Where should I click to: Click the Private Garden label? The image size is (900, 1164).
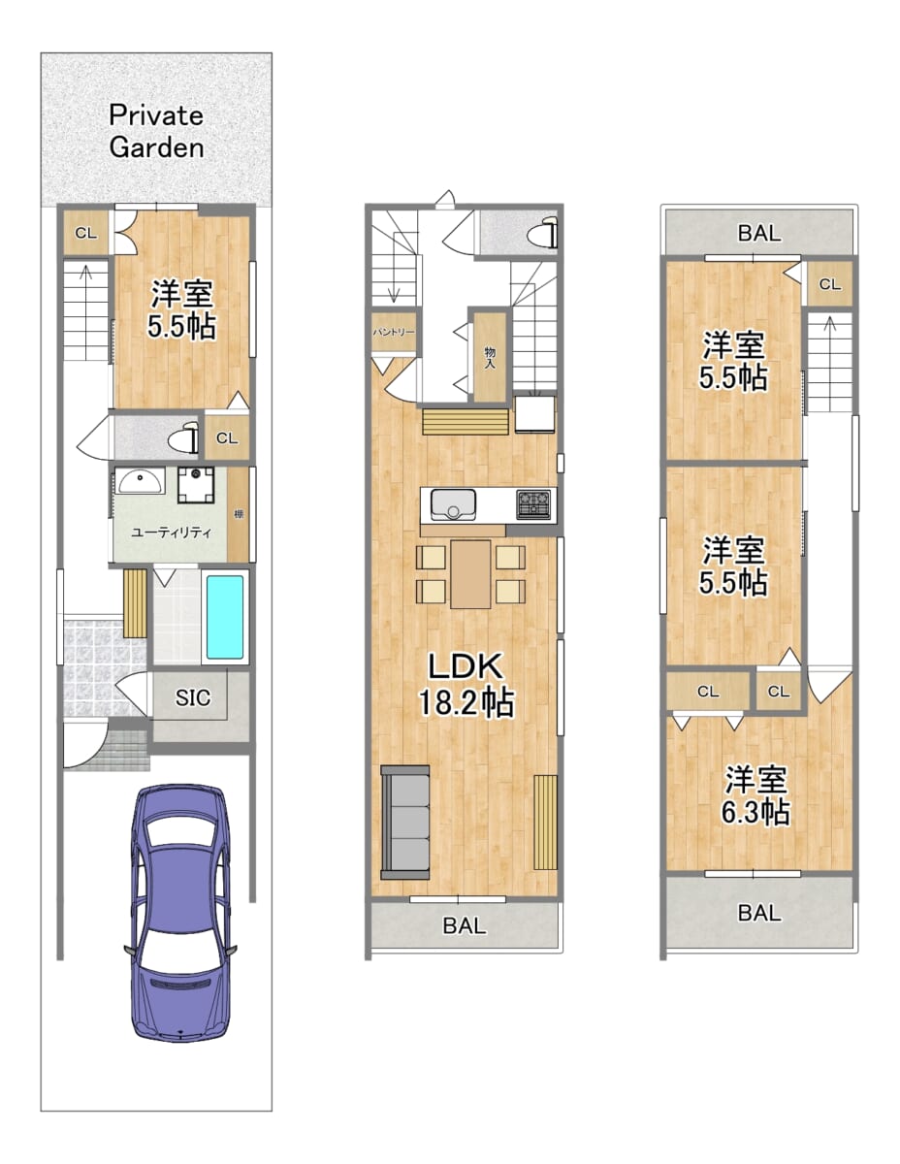(156, 131)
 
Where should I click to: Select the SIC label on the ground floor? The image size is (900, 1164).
(193, 696)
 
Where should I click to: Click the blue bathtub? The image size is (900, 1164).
(224, 617)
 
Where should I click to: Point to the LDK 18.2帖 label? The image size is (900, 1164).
(466, 684)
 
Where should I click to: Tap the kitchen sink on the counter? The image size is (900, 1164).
(454, 504)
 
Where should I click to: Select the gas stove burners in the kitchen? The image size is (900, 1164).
(533, 504)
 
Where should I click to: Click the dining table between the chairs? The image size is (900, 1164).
(470, 574)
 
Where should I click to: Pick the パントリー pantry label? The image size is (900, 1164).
(394, 332)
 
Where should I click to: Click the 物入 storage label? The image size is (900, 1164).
(490, 357)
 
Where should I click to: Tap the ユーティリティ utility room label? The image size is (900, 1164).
(172, 533)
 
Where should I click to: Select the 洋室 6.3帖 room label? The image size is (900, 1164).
(755, 795)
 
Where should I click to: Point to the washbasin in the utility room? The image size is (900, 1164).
(141, 480)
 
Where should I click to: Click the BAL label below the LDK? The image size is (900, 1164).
(465, 925)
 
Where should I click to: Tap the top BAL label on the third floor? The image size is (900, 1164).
(759, 233)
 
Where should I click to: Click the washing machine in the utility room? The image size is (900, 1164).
(196, 485)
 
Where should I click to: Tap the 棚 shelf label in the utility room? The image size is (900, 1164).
(239, 514)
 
